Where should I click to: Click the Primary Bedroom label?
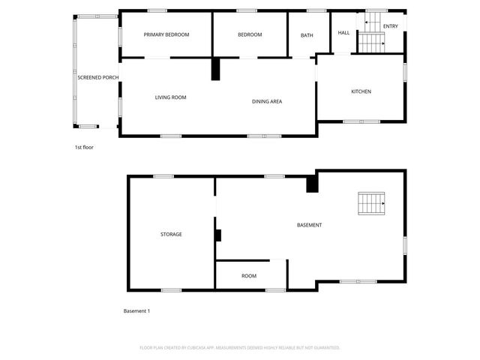[x=166, y=34]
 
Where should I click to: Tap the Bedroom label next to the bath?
[x=250, y=34]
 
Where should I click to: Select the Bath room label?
[x=307, y=35]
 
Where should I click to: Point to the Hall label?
[x=344, y=32]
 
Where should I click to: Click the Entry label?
[x=391, y=26]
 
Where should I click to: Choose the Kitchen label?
[x=361, y=91]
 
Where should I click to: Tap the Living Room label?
[x=170, y=97]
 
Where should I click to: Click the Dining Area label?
[x=266, y=101]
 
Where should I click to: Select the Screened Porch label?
[x=98, y=77]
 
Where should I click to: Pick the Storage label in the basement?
[x=171, y=234]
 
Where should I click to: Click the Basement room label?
[x=309, y=226]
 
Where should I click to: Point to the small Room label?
[x=249, y=276]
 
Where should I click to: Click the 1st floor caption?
[x=84, y=147]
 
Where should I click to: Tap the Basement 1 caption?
[x=136, y=310]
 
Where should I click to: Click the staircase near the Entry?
[x=370, y=43]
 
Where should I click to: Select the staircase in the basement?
[x=371, y=202]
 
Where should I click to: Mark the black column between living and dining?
[x=216, y=69]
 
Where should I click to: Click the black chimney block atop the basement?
[x=312, y=184]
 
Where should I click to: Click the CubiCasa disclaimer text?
[x=240, y=348]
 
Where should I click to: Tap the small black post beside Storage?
[x=218, y=235]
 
